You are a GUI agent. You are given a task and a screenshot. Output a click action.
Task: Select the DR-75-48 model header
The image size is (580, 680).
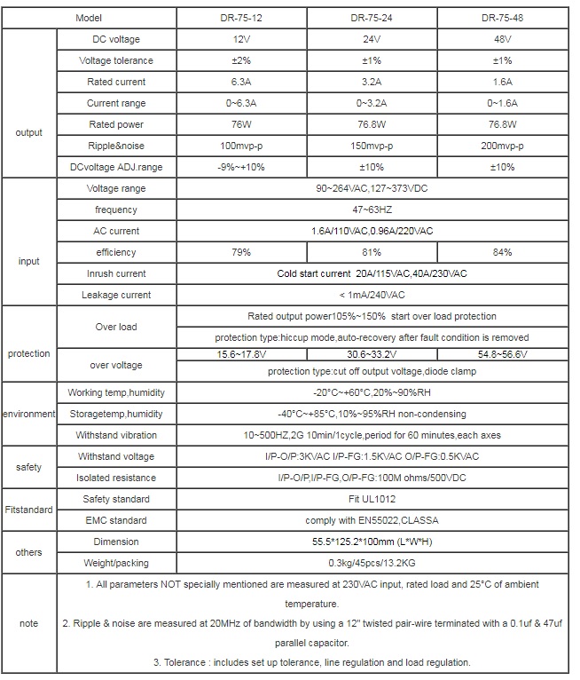pos(502,18)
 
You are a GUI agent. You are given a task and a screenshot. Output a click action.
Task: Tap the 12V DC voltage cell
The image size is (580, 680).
pos(242,39)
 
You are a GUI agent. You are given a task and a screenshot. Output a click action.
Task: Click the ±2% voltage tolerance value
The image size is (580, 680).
pos(242,60)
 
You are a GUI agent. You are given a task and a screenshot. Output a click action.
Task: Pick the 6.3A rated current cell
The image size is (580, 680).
pos(242,82)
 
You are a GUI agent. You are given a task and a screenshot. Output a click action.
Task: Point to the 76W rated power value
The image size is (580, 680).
pos(242,124)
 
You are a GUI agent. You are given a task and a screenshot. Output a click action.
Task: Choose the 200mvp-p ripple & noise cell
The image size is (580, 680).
pos(502,146)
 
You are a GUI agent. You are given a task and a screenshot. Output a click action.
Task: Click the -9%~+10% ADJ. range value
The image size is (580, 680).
pos(242,167)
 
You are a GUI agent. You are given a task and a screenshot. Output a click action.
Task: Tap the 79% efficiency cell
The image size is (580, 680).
pos(242,252)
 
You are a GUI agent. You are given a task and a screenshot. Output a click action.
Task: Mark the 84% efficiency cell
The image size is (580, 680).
pos(502,252)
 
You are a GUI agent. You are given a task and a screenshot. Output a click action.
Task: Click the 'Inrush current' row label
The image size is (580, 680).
pos(116,273)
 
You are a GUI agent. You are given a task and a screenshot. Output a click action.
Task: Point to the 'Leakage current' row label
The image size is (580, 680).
pos(116,295)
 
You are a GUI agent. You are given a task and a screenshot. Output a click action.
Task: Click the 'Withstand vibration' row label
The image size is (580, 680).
pos(116,435)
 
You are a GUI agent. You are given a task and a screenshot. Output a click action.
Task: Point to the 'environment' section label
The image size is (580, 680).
pos(28,414)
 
